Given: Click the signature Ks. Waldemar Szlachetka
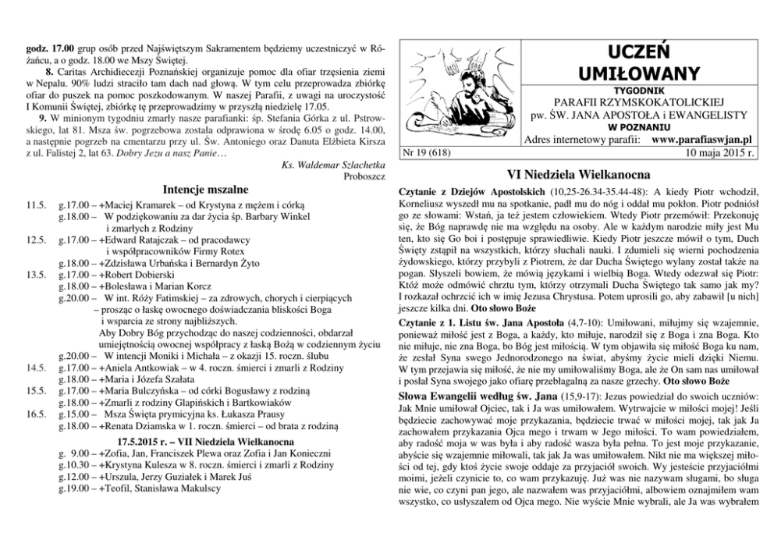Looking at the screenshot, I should click(326, 165).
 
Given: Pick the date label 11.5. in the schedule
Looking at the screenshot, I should click(37, 204).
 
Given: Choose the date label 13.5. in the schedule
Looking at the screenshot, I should click(37, 275).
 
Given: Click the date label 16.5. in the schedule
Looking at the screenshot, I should click(37, 415).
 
